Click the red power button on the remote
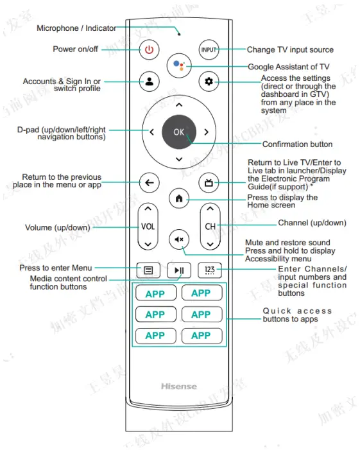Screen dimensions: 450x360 pos(149,49)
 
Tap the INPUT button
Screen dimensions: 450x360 pos(209,49)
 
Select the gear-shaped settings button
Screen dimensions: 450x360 pos(209,81)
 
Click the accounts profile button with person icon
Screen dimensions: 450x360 pos(149,81)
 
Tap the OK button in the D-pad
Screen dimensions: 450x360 pos(178,132)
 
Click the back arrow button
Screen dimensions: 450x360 pos(149,183)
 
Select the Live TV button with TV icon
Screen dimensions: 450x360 pos(209,183)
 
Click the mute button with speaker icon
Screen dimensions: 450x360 pos(178,239)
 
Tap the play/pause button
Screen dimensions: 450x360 pos(178,270)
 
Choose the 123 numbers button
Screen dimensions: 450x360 pos(209,270)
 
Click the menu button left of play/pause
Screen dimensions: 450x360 pos(148,270)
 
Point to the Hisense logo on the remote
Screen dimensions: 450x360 pos(178,386)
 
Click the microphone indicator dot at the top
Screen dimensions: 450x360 pos(178,33)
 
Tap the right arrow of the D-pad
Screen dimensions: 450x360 pos(206,132)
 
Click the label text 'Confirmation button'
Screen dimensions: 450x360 pos(297,144)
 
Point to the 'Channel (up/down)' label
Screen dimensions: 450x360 pos(312,223)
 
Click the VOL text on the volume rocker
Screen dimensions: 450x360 pos(148,227)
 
